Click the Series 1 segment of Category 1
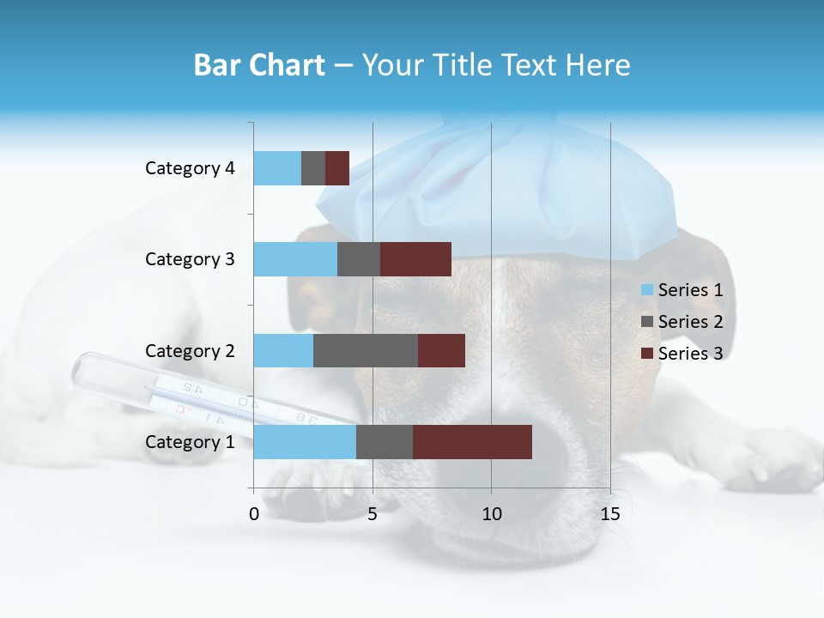pos(305,442)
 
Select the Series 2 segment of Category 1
pos(385,442)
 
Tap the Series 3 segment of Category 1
pos(472,442)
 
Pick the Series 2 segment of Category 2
pos(366,350)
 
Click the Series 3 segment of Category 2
pos(441,350)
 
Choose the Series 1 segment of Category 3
pos(295,259)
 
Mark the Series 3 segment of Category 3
pos(415,259)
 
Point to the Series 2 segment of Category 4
pos(313,168)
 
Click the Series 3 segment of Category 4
pos(337,168)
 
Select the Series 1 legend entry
pos(682,290)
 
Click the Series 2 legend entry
pos(682,322)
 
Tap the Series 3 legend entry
pos(682,354)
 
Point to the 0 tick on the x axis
pos(254,514)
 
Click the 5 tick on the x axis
pos(373,514)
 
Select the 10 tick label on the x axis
pos(491,514)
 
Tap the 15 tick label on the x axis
pos(610,514)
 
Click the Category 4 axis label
pos(190,168)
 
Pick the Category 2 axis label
pos(190,350)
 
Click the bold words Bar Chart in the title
pos(259,65)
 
